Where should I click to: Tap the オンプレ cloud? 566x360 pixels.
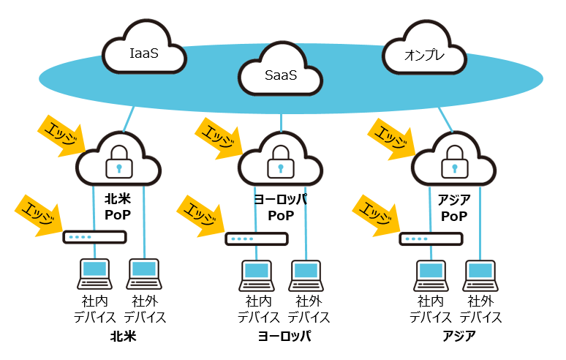tap(424, 53)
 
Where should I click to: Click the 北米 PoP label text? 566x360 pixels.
tap(117, 207)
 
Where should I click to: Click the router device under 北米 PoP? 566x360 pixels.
tap(94, 237)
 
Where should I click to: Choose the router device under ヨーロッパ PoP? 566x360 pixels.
tap(256, 239)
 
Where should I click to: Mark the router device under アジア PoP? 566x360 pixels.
tap(431, 239)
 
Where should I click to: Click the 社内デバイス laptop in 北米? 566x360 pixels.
tap(94, 274)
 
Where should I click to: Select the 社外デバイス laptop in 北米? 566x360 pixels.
tap(144, 274)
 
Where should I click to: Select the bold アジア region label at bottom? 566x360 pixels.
tap(459, 337)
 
